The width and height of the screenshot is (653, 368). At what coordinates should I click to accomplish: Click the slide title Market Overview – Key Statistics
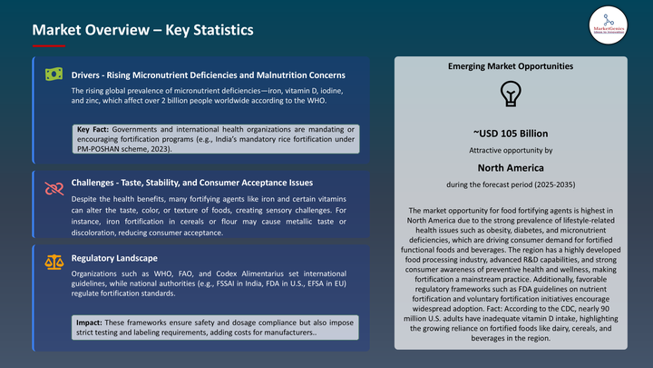tap(142, 31)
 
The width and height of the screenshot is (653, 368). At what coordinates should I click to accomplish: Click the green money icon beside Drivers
tap(54, 74)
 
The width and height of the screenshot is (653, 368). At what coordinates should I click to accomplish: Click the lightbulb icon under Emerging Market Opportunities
tap(511, 94)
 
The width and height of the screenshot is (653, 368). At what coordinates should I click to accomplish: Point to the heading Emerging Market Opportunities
tap(511, 67)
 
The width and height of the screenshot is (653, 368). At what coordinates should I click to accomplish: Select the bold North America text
tap(511, 167)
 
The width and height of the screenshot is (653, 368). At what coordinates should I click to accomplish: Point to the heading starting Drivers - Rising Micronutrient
tap(208, 74)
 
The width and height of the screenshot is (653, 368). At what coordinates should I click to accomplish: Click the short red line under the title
tap(48, 45)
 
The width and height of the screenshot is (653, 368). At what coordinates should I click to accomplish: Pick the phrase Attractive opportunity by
tap(511, 150)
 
